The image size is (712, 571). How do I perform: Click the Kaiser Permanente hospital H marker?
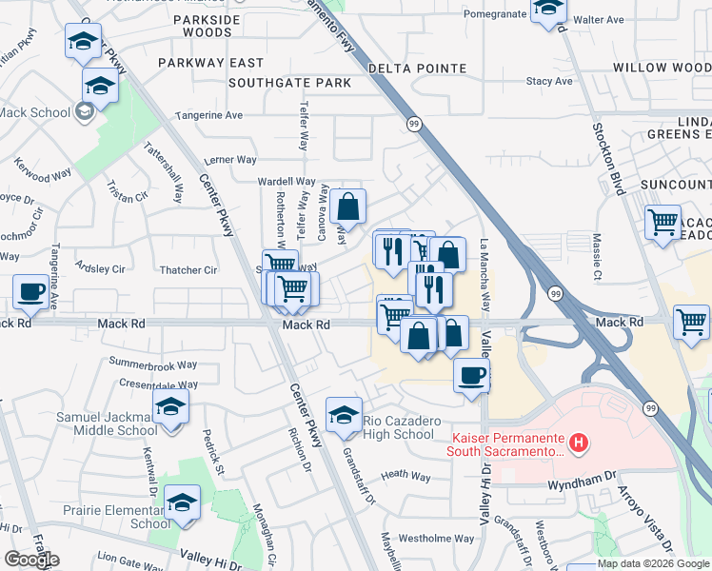click(x=578, y=443)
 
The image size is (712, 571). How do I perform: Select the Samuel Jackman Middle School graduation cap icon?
click(x=169, y=407)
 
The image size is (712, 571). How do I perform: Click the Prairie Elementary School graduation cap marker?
click(x=181, y=502)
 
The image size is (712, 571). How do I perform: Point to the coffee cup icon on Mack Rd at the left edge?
click(x=31, y=291)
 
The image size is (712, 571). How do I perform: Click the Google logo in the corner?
click(x=31, y=560)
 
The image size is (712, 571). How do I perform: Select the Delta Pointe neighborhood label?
click(x=417, y=69)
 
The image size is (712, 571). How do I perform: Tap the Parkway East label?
click(x=210, y=63)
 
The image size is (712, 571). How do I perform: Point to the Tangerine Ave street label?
click(x=208, y=115)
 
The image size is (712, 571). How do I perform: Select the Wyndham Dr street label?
click(x=583, y=484)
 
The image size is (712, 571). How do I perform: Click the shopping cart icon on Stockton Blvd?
click(x=663, y=224)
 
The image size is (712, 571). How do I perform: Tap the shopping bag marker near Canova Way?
click(x=347, y=205)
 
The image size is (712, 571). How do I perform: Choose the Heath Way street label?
click(x=406, y=475)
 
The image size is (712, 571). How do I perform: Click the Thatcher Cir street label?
click(x=189, y=270)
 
